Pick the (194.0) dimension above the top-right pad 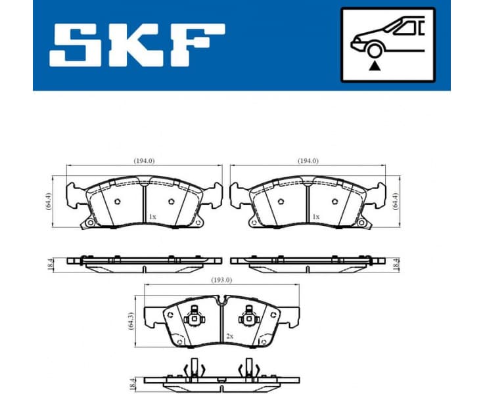coord(308,160)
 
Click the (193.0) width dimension coord(221,280)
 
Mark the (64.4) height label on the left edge coord(49,200)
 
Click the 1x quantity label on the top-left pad coord(152,217)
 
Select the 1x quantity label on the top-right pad coord(316,217)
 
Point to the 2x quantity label coord(230,336)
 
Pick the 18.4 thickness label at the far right coord(396,263)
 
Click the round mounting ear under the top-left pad coord(85,225)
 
